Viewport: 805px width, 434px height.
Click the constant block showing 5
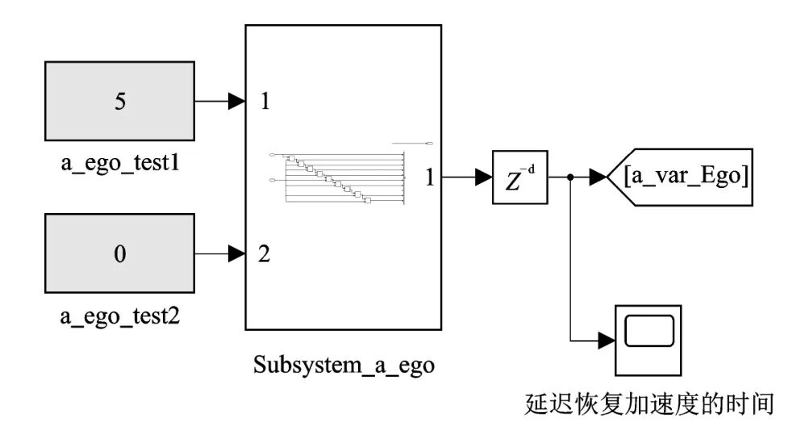coord(119,102)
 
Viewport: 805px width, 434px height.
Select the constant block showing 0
coord(119,254)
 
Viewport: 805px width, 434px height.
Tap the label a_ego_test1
coord(119,164)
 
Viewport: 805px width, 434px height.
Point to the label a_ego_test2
coord(119,316)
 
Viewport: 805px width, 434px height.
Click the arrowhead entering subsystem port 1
coord(237,102)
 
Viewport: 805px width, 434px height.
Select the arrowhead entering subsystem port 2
coord(237,255)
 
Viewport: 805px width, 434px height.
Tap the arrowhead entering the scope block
coord(607,340)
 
